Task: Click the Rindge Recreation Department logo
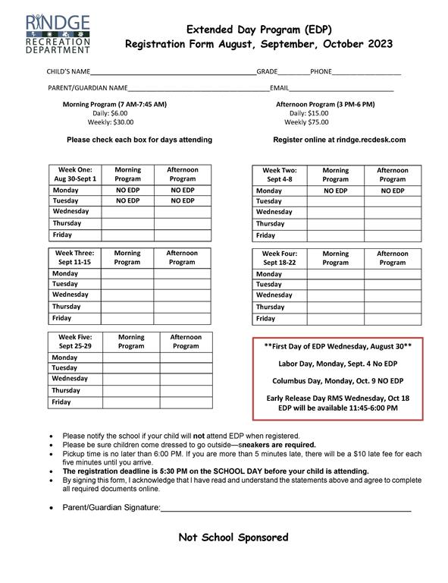coord(58,33)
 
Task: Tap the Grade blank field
coord(293,72)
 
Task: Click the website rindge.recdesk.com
coord(339,140)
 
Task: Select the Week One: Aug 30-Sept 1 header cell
coord(75,175)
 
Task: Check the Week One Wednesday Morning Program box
coord(128,212)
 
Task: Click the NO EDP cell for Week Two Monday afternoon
coord(392,191)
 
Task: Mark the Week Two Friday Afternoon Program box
coord(392,235)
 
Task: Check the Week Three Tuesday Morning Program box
coord(127,284)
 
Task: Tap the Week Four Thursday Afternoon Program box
coord(392,307)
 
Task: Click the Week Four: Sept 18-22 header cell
coord(279,257)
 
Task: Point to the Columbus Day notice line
coord(337,380)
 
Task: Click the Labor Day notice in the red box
coord(337,363)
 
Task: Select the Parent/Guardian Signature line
coord(286,507)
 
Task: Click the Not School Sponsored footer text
coord(233,537)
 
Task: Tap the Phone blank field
coord(367,72)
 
